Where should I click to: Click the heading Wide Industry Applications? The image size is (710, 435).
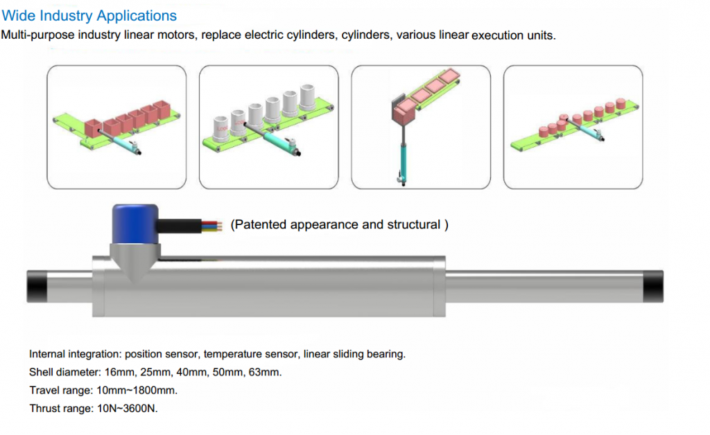click(89, 15)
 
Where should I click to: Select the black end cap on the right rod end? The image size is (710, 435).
click(653, 286)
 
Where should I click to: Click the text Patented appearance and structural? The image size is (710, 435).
click(338, 224)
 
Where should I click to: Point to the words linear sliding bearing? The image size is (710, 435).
click(354, 354)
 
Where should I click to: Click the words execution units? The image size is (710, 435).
click(513, 35)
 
